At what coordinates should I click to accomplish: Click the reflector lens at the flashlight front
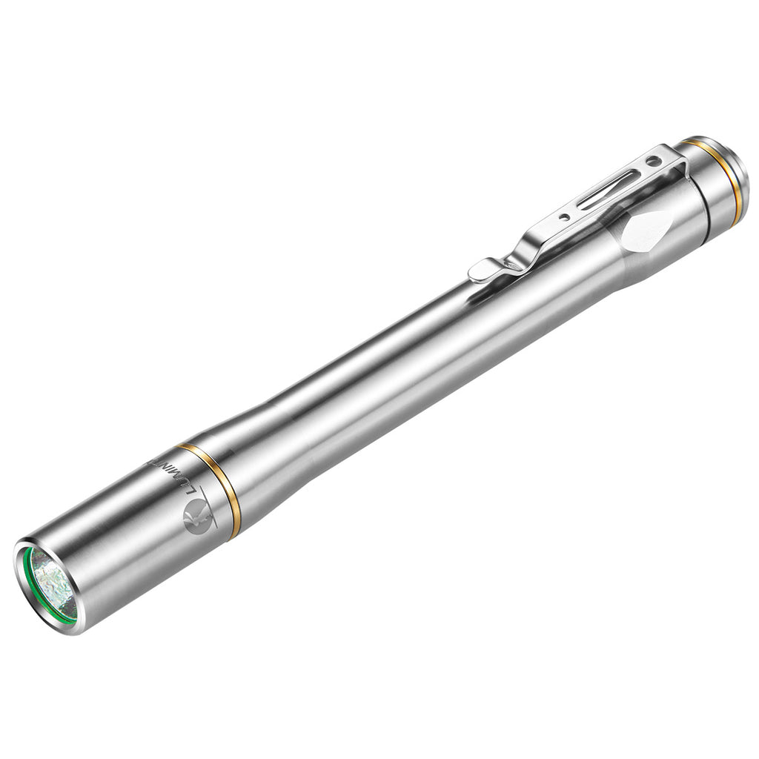tap(52, 586)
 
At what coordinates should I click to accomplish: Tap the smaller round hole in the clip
tap(566, 217)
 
